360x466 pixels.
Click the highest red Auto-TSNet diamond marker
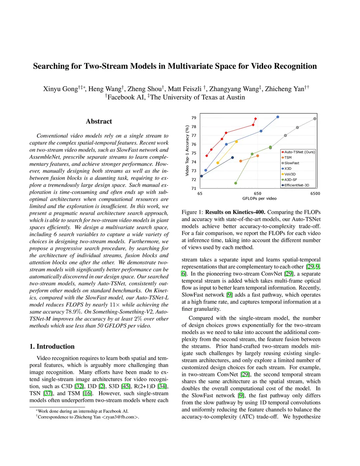[256, 119]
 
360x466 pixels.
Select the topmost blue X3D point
[278, 117]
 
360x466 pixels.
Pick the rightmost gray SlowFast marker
[315, 119]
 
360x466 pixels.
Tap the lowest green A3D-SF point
[236, 183]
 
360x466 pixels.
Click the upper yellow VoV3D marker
[236, 142]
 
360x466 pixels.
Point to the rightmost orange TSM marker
[258, 156]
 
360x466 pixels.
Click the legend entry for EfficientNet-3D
[296, 185]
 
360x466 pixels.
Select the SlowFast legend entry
[291, 163]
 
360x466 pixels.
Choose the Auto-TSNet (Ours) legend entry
[299, 152]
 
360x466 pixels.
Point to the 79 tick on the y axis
[194, 118]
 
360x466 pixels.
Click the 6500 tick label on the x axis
[315, 193]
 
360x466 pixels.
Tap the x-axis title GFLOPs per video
[259, 199]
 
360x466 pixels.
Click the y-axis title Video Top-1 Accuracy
[187, 151]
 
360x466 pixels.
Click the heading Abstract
[99, 121]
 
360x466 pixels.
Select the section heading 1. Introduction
[52, 346]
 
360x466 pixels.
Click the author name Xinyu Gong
[60, 89]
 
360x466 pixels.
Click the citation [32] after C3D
[79, 386]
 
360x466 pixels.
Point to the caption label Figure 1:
[192, 212]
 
